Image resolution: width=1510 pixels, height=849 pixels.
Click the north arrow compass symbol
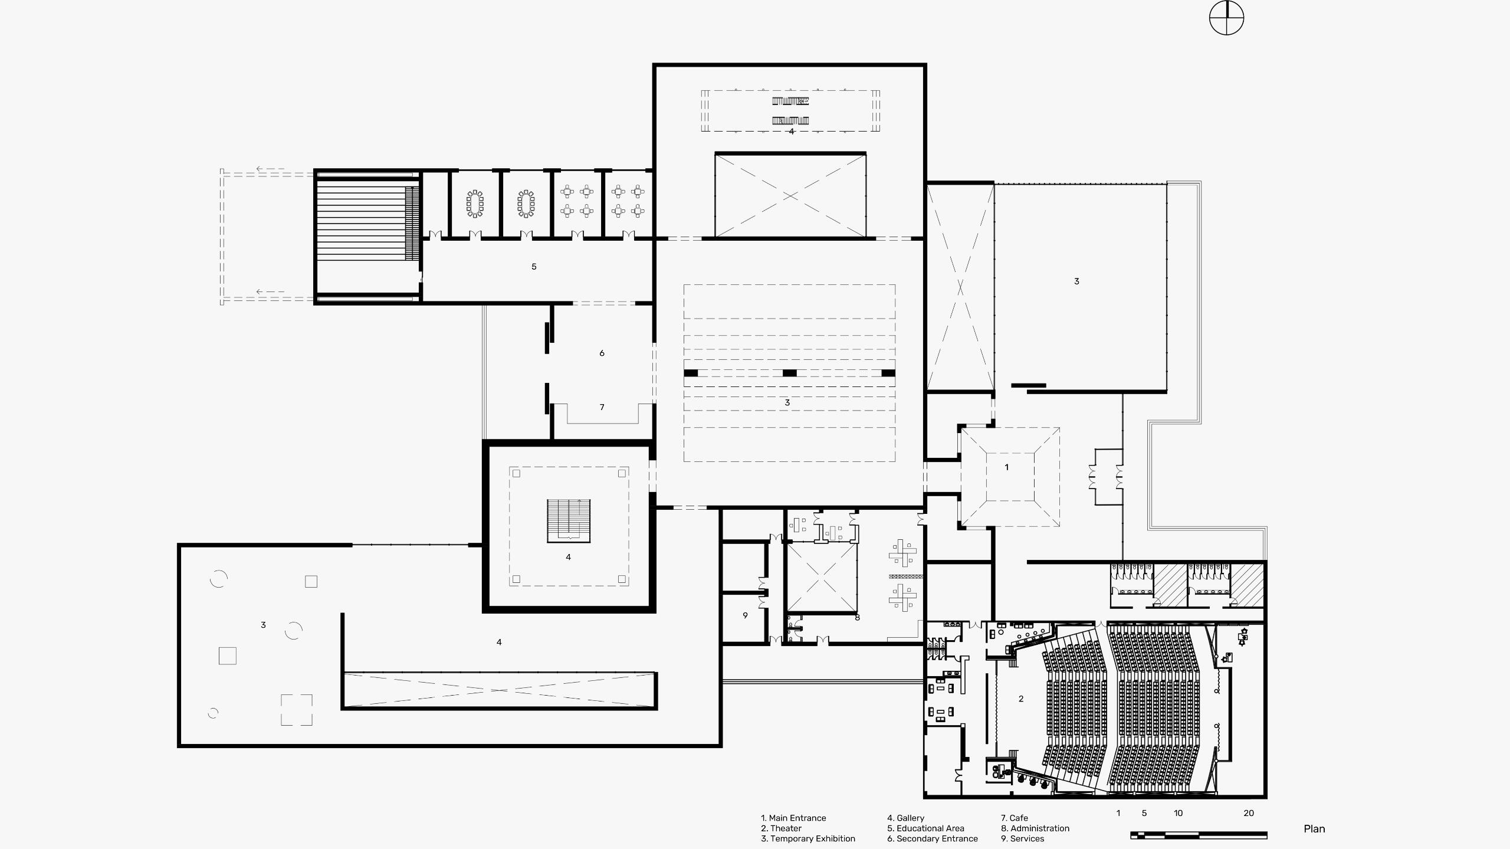(1226, 18)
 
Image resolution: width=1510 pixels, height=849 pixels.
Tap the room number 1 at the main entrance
(1006, 467)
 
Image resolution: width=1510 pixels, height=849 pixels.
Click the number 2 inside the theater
(1021, 699)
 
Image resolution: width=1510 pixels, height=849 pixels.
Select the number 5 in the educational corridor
(534, 267)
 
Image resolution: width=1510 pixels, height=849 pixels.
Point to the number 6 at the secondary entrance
(602, 353)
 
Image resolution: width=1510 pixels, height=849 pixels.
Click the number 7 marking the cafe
(602, 407)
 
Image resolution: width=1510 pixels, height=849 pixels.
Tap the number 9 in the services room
(745, 615)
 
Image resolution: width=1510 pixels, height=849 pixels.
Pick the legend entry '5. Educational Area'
(925, 828)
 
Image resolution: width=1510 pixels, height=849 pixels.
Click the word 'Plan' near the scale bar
(1314, 829)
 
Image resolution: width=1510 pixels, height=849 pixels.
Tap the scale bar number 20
(1249, 813)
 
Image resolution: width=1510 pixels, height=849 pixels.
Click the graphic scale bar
(1199, 835)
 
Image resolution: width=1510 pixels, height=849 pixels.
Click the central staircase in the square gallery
(569, 520)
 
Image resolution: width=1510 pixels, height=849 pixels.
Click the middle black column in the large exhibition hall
(789, 373)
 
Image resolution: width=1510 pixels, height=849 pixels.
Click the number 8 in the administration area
(857, 617)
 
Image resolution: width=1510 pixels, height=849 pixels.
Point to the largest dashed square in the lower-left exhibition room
(296, 710)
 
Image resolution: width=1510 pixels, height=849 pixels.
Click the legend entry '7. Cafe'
(1014, 818)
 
